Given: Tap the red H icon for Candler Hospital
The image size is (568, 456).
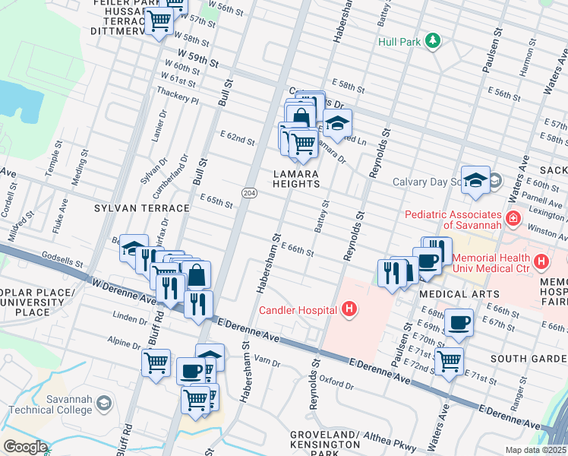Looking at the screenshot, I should (349, 309).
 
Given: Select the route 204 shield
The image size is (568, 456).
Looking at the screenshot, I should (249, 195).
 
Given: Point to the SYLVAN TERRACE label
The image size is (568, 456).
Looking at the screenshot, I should (141, 207).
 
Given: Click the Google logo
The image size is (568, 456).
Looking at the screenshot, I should (24, 446).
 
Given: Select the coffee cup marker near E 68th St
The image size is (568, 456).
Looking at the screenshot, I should (459, 321).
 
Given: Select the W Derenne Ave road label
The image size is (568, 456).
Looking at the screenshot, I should (115, 292).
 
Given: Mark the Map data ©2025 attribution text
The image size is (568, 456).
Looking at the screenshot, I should (535, 450).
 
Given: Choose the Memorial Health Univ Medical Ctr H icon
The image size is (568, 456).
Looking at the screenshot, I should (541, 263).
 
